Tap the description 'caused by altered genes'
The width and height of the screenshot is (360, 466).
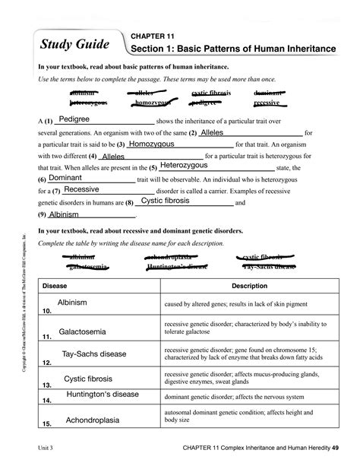coord(234,304)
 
